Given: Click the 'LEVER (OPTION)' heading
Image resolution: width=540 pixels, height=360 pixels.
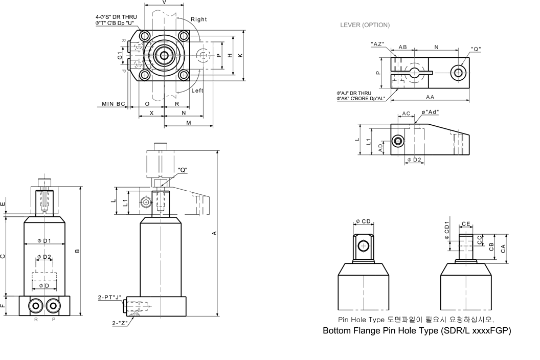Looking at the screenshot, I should (x=365, y=25).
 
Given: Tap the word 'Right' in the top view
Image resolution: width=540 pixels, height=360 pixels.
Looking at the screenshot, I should (x=199, y=19).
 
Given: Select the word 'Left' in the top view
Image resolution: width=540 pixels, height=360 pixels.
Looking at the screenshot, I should (x=197, y=91).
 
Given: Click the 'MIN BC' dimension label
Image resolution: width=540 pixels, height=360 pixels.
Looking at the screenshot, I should (x=113, y=104).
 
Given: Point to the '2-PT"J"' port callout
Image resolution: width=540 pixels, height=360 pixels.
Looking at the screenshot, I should (x=109, y=297).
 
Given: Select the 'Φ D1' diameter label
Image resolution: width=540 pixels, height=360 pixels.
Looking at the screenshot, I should (x=44, y=241).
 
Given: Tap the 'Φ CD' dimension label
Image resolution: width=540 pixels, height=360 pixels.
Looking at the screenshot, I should (x=363, y=221).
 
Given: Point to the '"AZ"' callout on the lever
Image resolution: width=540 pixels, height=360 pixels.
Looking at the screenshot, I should (x=378, y=44).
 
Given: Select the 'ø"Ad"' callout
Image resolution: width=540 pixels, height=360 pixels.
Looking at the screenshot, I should (x=430, y=111).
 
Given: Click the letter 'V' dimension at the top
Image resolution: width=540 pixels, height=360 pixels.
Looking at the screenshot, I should (x=164, y=3).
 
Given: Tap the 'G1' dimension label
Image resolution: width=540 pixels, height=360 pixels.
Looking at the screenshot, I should (x=120, y=55).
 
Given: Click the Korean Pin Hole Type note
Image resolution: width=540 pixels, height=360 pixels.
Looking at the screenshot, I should (x=416, y=320).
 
